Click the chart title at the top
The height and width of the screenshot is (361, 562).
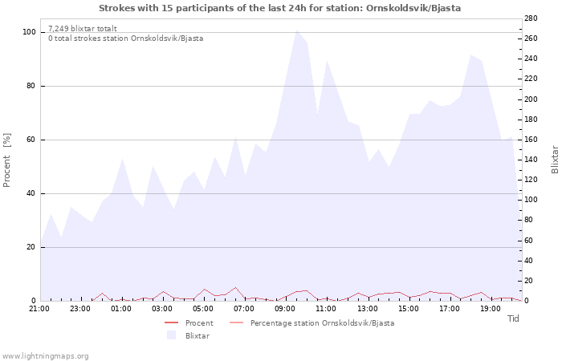(280, 8)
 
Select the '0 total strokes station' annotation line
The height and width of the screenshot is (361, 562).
(125, 39)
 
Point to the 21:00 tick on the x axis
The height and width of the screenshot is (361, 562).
(39, 308)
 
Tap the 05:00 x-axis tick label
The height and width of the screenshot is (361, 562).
(203, 308)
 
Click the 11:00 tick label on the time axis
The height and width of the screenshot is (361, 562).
(327, 308)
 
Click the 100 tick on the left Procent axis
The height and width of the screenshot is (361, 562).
(29, 32)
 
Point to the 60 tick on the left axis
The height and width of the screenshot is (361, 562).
(31, 140)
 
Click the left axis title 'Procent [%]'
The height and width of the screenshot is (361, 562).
(7, 160)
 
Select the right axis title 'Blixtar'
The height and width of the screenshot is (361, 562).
(555, 160)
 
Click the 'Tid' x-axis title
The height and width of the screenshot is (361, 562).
(514, 318)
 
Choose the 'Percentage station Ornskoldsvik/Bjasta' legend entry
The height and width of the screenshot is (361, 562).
(322, 323)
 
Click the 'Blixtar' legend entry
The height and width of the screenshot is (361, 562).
(197, 336)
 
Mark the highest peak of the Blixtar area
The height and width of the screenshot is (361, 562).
(296, 30)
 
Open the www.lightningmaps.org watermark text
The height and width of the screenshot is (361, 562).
(46, 355)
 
